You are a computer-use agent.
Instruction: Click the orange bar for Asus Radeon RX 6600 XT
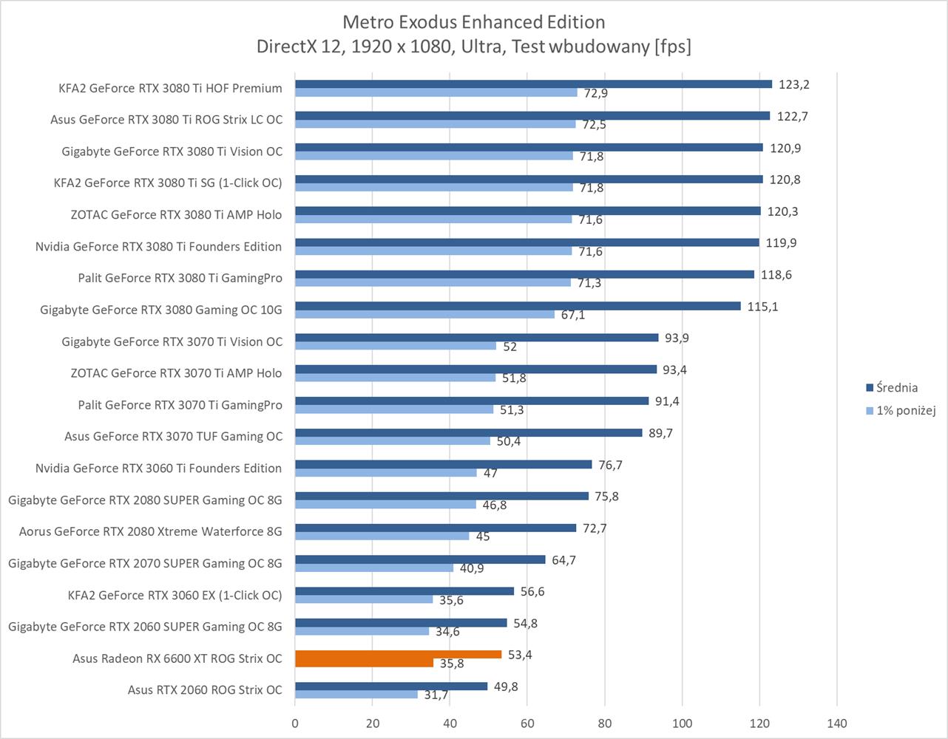398,655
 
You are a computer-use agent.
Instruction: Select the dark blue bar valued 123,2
532,84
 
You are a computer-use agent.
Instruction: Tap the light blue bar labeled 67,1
424,315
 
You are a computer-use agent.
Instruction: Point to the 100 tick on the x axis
682,723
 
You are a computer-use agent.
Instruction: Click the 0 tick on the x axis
295,723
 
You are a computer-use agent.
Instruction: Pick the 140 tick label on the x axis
836,723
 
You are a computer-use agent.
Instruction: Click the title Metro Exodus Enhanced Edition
474,22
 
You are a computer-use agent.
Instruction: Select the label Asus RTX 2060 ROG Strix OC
205,690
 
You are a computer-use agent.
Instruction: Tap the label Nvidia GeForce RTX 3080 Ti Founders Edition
158,247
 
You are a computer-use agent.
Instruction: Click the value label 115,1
762,306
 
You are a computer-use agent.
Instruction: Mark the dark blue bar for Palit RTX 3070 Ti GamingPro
472,401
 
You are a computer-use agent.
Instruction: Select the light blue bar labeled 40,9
374,568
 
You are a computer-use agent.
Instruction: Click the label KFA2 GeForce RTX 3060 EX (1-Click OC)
175,595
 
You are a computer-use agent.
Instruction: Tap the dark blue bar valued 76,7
443,465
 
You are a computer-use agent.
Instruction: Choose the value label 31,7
436,695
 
